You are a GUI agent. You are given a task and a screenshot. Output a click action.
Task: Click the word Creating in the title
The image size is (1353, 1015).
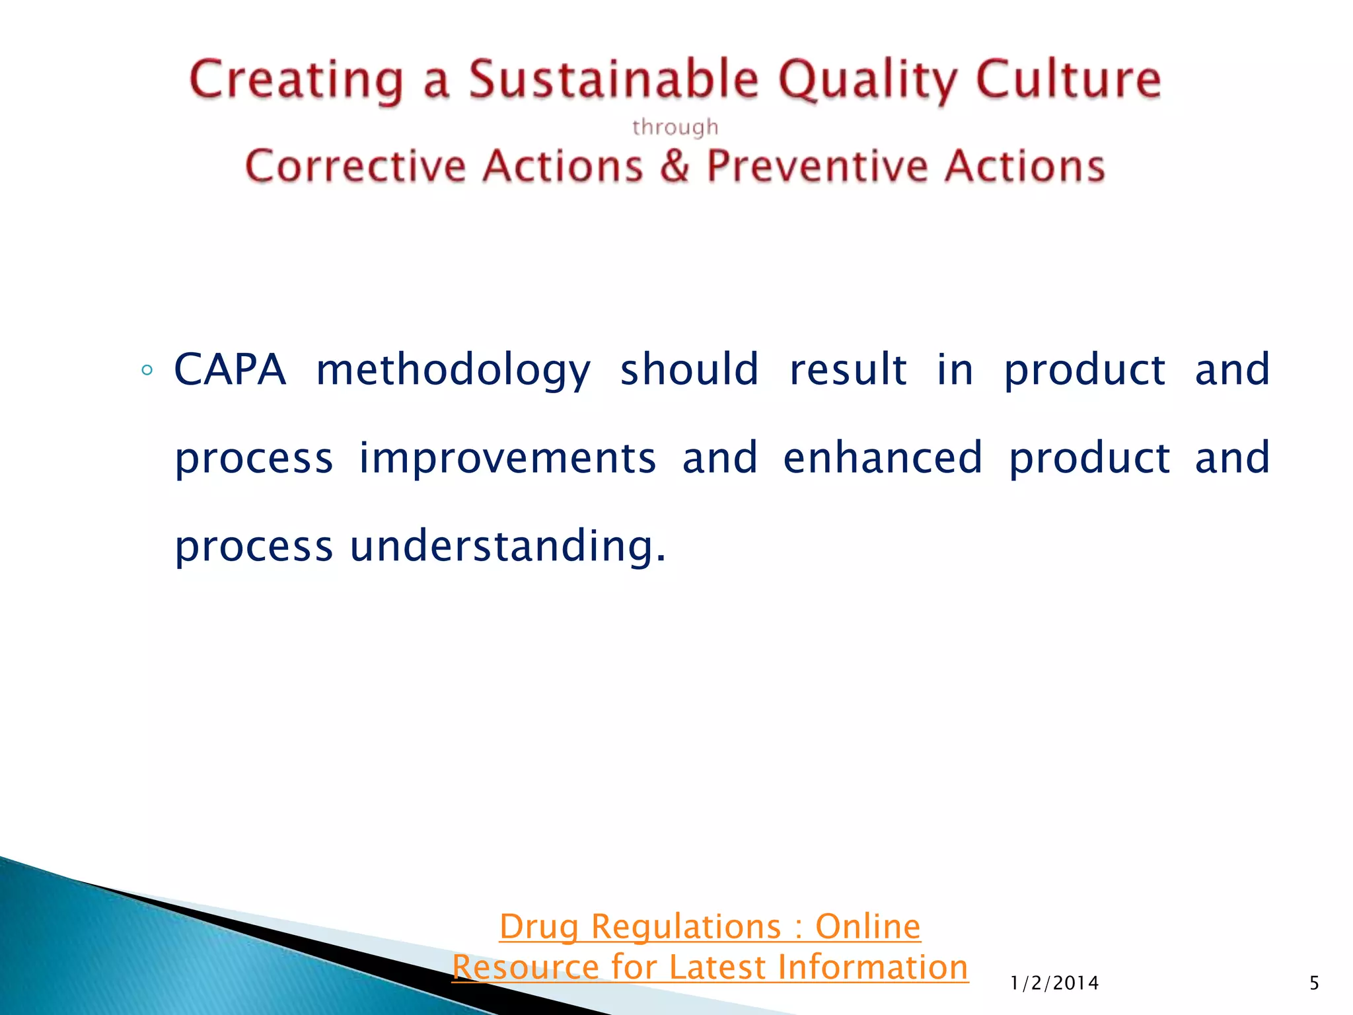coord(295,81)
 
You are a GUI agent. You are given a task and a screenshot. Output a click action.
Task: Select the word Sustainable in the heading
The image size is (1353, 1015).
coord(614,79)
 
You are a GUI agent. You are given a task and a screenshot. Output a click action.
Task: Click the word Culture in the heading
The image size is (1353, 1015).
coord(1068,79)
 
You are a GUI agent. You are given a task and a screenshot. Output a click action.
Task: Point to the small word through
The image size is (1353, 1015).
coord(675,127)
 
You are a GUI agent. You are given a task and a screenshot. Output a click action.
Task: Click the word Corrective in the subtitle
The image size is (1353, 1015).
coord(355,166)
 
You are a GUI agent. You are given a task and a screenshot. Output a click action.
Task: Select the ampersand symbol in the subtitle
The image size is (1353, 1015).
coord(675,166)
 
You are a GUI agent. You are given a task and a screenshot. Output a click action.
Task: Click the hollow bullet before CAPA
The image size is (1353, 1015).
coord(147,370)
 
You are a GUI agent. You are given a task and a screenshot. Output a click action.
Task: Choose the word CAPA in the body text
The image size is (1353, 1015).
coord(230,369)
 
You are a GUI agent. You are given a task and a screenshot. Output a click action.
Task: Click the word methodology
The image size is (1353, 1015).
coord(453,371)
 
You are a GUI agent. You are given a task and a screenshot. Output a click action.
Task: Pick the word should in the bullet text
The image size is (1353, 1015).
coord(689,369)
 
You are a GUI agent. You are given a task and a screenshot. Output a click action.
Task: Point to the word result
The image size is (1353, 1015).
coord(848,369)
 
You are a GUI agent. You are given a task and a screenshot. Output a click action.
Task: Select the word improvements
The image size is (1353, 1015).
coord(507,458)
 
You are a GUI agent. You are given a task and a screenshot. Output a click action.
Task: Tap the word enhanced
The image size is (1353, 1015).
coord(883,458)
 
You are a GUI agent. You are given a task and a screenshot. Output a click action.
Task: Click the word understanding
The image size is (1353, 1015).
coord(507,547)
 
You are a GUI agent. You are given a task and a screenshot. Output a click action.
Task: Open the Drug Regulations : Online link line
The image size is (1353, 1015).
coord(710,926)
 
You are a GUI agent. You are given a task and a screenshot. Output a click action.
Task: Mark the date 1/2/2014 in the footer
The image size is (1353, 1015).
coord(1054,983)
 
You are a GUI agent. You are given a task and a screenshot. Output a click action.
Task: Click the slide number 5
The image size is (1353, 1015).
coord(1314,983)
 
